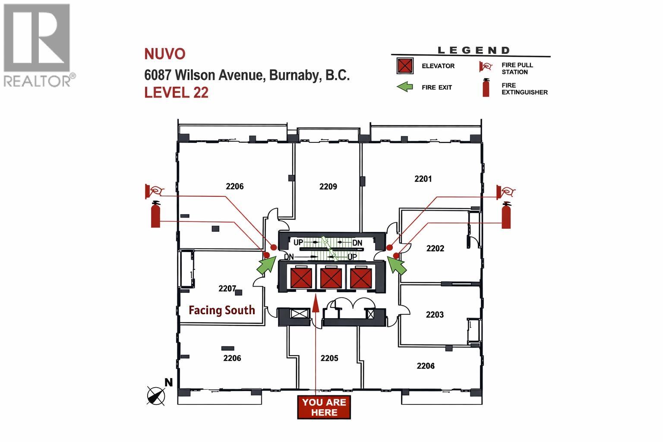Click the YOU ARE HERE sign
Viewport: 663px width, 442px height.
[324, 407]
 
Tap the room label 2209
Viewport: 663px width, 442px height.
[328, 186]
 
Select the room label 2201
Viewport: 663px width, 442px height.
[423, 179]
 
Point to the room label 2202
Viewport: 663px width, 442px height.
[435, 248]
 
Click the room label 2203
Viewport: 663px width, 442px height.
[435, 315]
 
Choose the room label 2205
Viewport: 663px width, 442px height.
[329, 358]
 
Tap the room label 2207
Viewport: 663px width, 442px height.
[227, 288]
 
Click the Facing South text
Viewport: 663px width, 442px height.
[222, 310]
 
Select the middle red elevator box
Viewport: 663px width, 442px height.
[331, 278]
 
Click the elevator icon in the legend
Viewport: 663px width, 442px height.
[405, 66]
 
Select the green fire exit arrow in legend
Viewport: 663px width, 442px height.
[405, 87]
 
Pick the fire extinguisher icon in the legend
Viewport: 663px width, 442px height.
[486, 88]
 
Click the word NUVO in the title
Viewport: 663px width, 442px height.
[165, 54]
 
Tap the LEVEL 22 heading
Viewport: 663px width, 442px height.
[177, 92]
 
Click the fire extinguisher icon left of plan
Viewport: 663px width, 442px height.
[155, 215]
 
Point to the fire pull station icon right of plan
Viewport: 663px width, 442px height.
[506, 192]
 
